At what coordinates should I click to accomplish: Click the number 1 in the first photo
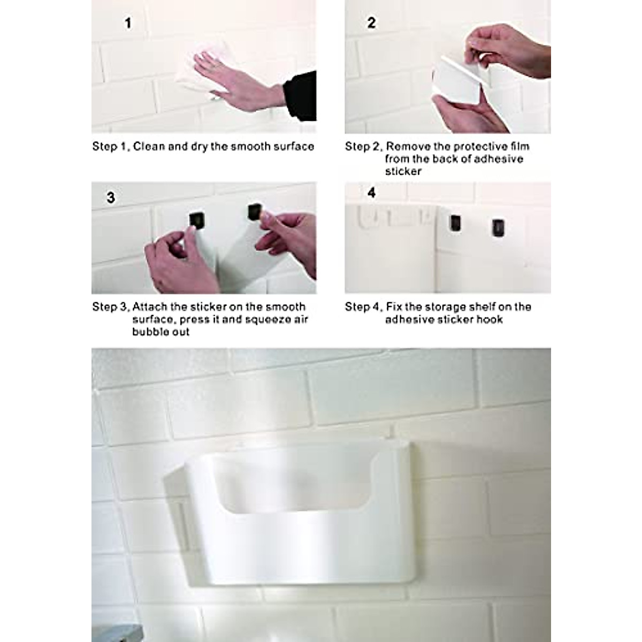tap(128, 24)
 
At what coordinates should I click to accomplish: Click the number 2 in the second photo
tap(371, 23)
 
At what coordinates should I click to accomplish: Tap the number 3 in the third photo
tap(111, 198)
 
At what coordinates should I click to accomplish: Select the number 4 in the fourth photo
tap(372, 193)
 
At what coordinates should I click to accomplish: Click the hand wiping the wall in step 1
tap(230, 80)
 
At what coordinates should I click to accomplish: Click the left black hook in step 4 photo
tap(455, 223)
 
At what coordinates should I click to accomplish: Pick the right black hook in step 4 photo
tap(498, 227)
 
